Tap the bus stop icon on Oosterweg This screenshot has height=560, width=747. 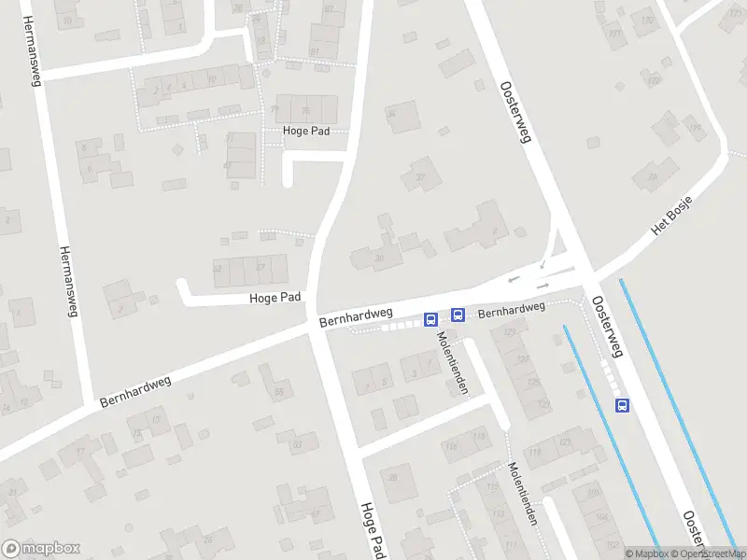click(x=622, y=404)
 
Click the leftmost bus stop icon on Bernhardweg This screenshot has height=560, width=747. click(x=430, y=319)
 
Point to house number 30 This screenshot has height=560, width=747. click(x=378, y=259)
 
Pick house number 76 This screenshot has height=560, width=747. click(x=275, y=109)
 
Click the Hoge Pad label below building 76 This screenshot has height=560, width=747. click(x=307, y=132)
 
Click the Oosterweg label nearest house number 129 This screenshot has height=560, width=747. click(x=607, y=327)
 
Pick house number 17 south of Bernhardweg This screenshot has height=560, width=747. click(x=81, y=453)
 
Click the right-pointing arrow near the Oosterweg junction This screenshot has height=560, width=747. click(x=543, y=285)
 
